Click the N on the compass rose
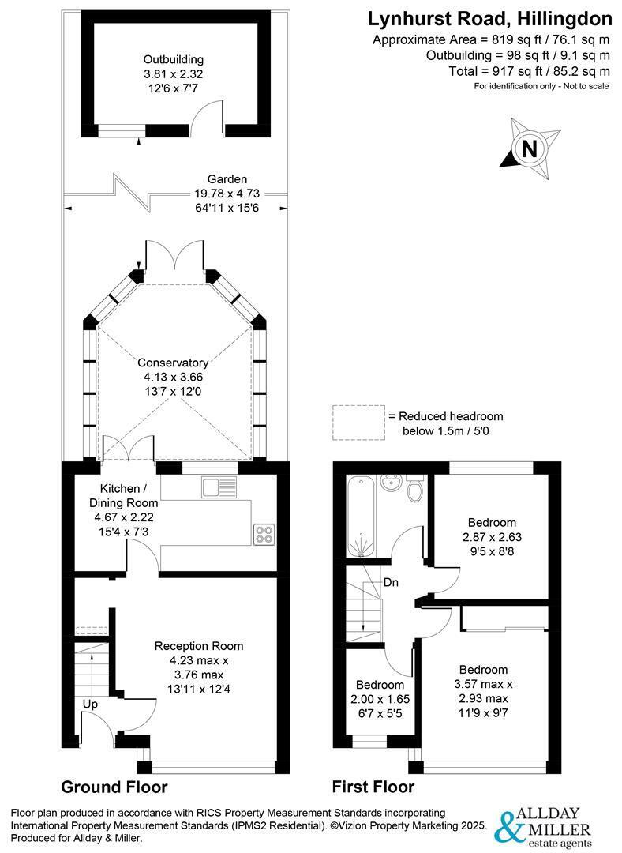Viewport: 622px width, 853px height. [529, 148]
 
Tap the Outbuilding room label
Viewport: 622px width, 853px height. [174, 59]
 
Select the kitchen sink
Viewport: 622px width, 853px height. [219, 487]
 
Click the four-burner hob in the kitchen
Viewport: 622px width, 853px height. [264, 534]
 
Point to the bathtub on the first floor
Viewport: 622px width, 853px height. [361, 517]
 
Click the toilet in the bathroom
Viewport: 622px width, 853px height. [416, 489]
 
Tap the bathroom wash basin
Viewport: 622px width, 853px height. [391, 483]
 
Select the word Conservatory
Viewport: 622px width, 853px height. [172, 363]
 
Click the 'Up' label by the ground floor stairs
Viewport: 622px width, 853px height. [90, 705]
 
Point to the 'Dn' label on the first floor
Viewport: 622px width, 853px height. [391, 583]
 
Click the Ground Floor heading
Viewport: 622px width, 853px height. [114, 787]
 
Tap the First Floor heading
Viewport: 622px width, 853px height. [373, 787]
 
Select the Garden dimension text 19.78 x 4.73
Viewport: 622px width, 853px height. [227, 194]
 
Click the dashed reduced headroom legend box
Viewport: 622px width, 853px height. [359, 423]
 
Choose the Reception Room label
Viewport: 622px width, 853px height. [199, 646]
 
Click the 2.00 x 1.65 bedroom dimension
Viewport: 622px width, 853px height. [380, 698]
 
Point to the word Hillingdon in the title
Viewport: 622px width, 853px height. [564, 19]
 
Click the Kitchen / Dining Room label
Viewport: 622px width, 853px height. [123, 495]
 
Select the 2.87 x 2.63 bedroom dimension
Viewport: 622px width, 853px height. [492, 537]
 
